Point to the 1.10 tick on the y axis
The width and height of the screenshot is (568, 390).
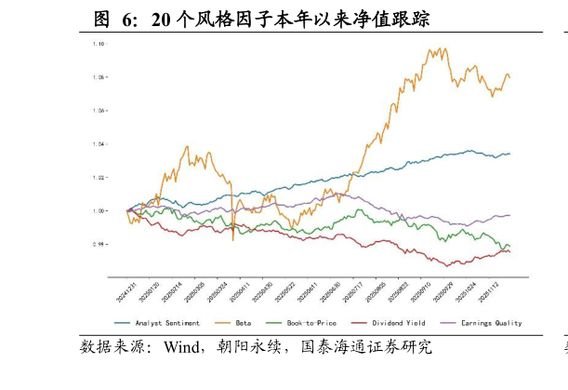pos(98,44)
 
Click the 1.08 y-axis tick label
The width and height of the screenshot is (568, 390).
pos(98,77)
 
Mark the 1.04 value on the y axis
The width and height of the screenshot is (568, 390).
pos(98,144)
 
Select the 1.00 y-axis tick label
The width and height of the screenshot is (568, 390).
pos(98,211)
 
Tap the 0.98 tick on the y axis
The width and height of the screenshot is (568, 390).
pos(98,245)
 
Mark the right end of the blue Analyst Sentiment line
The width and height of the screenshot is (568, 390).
pos(509,154)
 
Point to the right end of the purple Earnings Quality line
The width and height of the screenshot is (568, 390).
pos(509,215)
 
